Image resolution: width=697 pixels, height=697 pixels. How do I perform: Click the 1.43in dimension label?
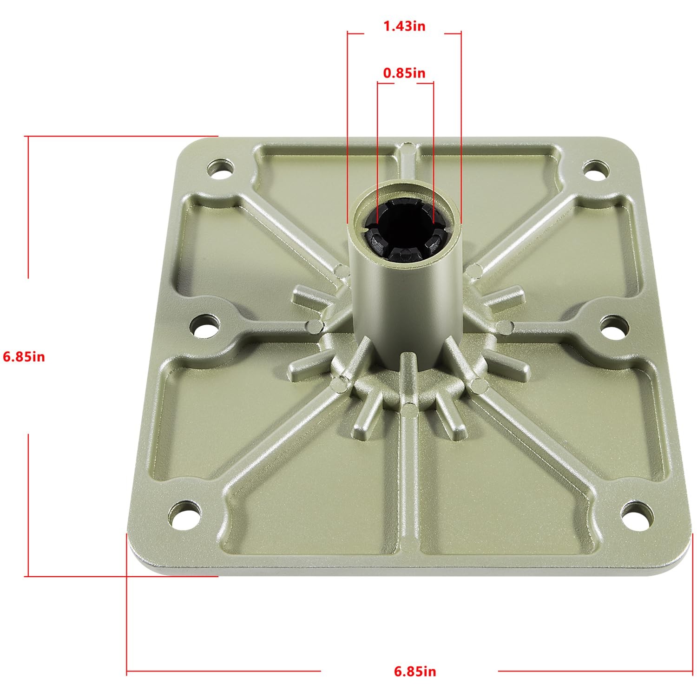pyautogui.click(x=404, y=26)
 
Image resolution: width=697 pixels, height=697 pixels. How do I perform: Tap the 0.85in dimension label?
pyautogui.click(x=404, y=73)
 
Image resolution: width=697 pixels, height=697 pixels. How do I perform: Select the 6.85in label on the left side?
pyautogui.click(x=24, y=357)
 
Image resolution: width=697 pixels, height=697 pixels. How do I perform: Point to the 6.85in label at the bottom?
pyautogui.click(x=415, y=671)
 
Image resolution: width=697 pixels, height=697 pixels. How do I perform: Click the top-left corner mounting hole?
pyautogui.click(x=220, y=168)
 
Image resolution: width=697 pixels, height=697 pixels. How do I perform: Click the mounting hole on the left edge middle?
pyautogui.click(x=204, y=325)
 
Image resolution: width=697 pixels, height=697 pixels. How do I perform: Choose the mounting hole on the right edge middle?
pyautogui.click(x=614, y=326)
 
